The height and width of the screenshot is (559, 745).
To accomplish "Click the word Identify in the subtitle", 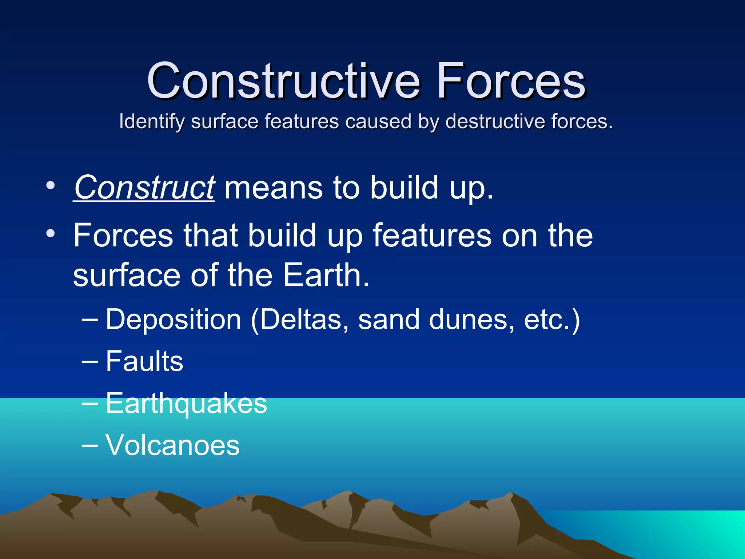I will click(152, 122).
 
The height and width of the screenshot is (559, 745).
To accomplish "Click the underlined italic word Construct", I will click(144, 188).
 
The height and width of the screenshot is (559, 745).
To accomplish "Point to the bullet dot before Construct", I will click(51, 186).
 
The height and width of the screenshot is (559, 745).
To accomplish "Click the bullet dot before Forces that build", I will click(51, 233).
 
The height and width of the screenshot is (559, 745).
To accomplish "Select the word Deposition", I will click(174, 320).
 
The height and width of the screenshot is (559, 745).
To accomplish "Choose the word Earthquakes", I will click(186, 404).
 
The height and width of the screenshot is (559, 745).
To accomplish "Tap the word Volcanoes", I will click(172, 445).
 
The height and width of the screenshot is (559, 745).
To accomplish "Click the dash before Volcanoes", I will click(89, 445).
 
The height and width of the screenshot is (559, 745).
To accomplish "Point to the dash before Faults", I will click(89, 362).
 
